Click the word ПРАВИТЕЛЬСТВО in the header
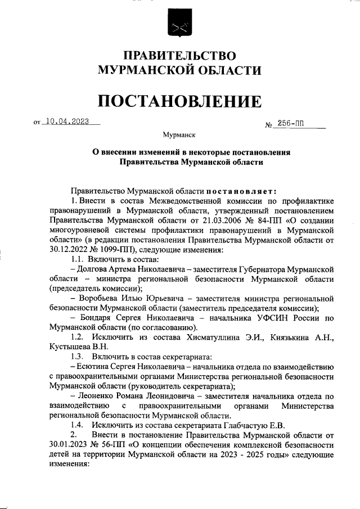(x=179, y=56)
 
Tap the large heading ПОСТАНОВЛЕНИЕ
(x=179, y=101)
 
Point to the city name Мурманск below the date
(x=179, y=135)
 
